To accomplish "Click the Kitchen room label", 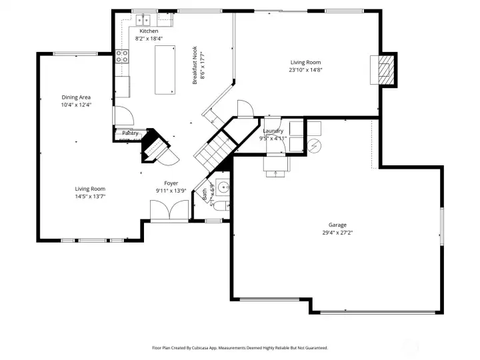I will (149, 31).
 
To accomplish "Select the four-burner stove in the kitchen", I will (122, 57).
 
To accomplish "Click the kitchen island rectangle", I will (165, 70).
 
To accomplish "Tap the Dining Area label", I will (76, 97).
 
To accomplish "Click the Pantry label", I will (130, 133).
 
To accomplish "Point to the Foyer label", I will (171, 183).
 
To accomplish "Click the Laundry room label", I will (273, 131).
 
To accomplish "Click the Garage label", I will (337, 225).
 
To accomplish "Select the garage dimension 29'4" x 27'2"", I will (337, 233).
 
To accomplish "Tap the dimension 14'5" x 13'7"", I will (90, 196).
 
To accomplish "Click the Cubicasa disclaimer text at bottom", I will (240, 347).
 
